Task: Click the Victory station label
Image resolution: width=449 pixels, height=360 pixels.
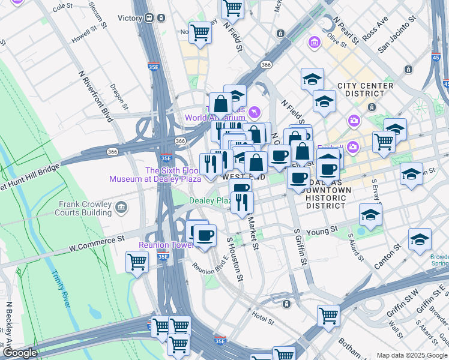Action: point(130,18)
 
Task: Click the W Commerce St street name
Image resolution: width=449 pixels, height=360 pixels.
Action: point(96,242)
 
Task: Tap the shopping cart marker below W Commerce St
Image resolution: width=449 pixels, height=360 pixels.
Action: point(137,262)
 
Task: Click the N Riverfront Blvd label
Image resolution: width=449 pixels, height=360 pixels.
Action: point(96,96)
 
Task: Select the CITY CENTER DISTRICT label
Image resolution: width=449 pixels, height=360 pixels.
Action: point(365,90)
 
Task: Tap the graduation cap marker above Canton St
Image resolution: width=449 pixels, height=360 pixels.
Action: point(420,239)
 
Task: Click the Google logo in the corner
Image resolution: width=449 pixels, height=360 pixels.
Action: point(20,353)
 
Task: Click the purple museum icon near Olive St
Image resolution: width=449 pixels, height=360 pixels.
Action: point(314,43)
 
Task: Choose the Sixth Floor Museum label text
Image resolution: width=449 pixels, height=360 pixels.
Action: point(155,175)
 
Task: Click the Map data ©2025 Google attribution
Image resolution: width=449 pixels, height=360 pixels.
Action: point(411,355)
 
